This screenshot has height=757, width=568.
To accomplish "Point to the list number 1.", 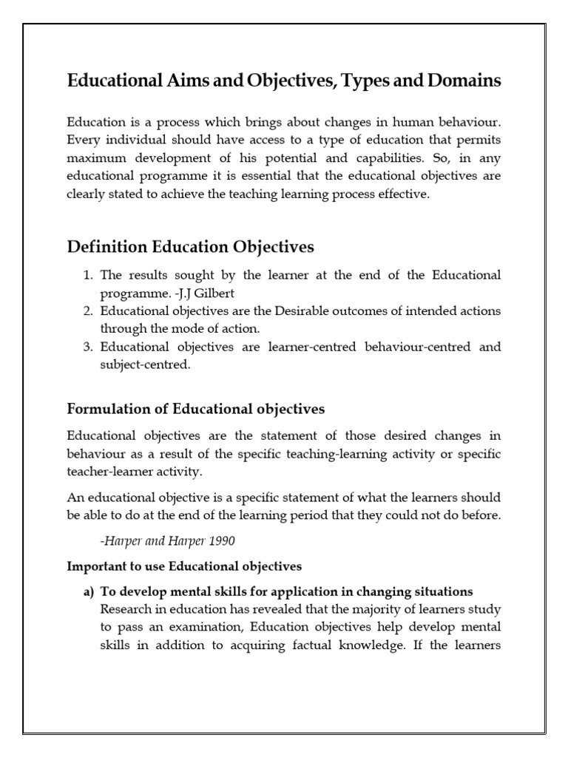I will coord(87,275).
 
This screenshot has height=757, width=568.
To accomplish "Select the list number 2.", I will coord(87,311).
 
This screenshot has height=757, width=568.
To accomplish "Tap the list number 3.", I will coord(87,347).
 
